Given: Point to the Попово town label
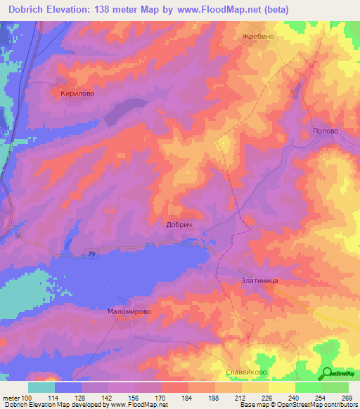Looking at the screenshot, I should (x=325, y=131).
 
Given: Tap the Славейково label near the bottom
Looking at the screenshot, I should (x=245, y=372).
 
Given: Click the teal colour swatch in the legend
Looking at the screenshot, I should (x=41, y=387).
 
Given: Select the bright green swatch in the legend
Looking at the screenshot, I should (x=308, y=387).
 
